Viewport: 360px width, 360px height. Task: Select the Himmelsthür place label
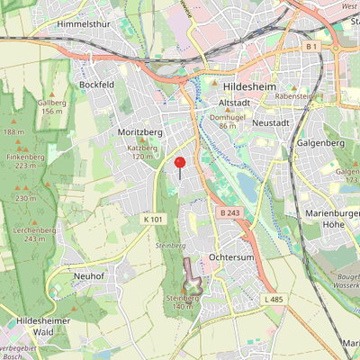pyautogui.click(x=84, y=24)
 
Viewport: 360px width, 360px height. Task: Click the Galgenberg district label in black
pyautogui.click(x=320, y=143)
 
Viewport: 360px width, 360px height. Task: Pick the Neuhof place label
pyautogui.click(x=92, y=275)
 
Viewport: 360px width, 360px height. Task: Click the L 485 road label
pyautogui.click(x=274, y=298)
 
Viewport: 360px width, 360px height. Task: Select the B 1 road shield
pyautogui.click(x=311, y=45)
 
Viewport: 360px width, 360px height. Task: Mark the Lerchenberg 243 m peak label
pyautogui.click(x=34, y=234)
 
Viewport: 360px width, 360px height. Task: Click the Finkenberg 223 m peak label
pyautogui.click(x=25, y=160)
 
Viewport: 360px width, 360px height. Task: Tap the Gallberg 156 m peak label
pyautogui.click(x=51, y=106)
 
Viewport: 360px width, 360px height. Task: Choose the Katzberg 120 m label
pyautogui.click(x=142, y=151)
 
